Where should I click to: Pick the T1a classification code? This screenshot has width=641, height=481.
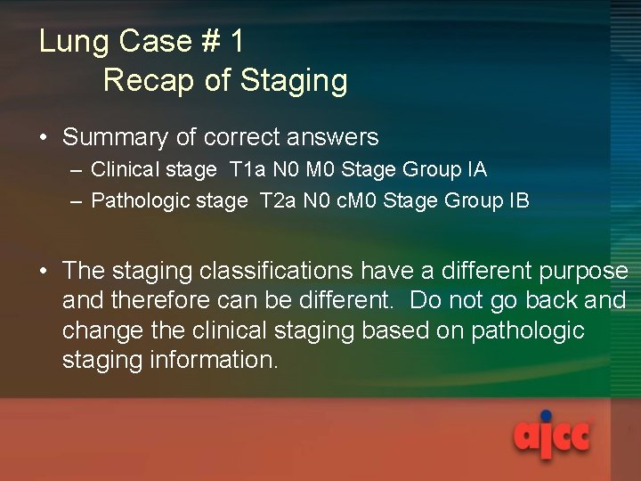(246, 169)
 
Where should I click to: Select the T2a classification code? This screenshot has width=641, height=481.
(277, 200)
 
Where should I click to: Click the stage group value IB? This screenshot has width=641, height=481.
(517, 200)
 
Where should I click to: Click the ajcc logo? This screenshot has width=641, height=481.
(552, 436)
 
